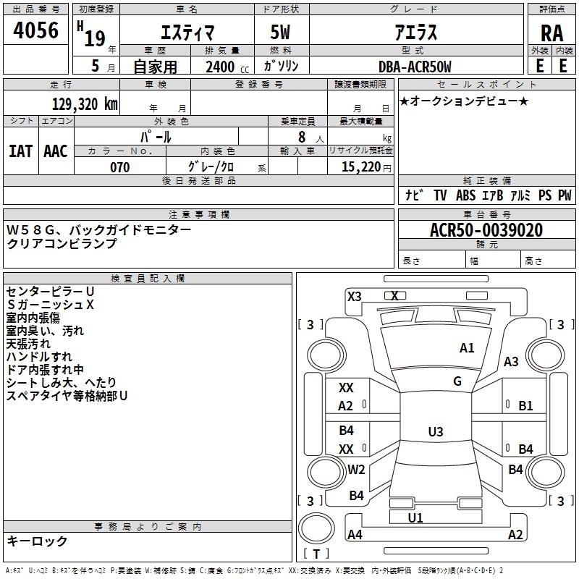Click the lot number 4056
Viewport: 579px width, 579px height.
pyautogui.click(x=35, y=30)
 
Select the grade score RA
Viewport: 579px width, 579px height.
pyautogui.click(x=551, y=33)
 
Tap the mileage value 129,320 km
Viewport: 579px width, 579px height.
pyautogui.click(x=85, y=104)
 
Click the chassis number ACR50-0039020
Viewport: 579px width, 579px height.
pyautogui.click(x=486, y=230)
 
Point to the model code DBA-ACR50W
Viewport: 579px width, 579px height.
pyautogui.click(x=415, y=67)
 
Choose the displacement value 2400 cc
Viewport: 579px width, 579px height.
pyautogui.click(x=227, y=67)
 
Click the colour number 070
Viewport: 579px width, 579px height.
pyautogui.click(x=120, y=167)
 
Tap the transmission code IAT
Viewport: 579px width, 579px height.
pyautogui.click(x=21, y=151)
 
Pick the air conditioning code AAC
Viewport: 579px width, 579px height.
pyautogui.click(x=56, y=151)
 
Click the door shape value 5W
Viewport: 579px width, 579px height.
pyautogui.click(x=280, y=32)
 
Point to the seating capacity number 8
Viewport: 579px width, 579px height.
pyautogui.click(x=302, y=137)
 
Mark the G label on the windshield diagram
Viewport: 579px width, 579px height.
pyautogui.click(x=457, y=381)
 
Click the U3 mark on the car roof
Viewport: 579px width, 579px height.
pyautogui.click(x=436, y=431)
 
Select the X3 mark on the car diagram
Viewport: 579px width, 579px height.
pyautogui.click(x=355, y=297)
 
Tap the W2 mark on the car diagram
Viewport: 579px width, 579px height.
pyautogui.click(x=356, y=469)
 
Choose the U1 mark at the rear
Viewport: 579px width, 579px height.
pyautogui.click(x=415, y=517)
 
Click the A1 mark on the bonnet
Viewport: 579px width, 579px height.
pyautogui.click(x=467, y=348)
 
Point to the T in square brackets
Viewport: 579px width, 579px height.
pyautogui.click(x=316, y=554)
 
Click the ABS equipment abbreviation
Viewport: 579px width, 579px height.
pyautogui.click(x=465, y=195)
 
